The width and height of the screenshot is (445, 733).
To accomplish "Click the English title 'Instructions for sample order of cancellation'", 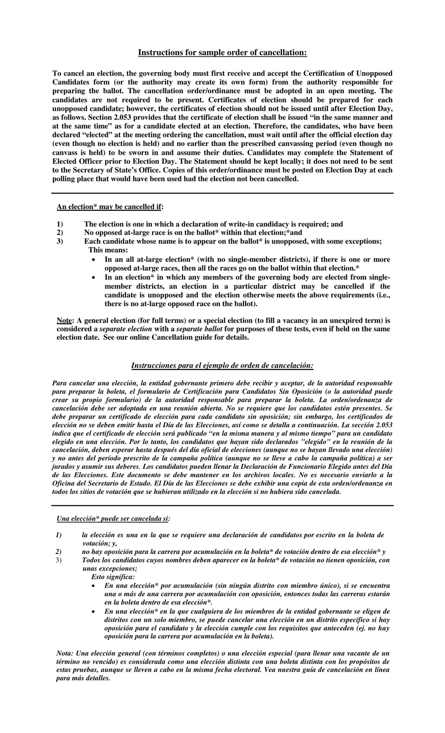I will (x=222, y=52).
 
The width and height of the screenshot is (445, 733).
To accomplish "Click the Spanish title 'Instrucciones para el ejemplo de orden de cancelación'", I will (x=222, y=365).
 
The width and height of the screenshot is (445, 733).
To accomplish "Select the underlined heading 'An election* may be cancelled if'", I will (x=110, y=207).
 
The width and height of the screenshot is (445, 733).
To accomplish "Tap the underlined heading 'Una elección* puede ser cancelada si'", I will (x=113, y=518).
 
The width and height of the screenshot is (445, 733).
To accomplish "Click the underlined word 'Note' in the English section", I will (x=64, y=321).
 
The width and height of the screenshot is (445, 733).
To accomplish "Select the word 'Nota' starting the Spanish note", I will (x=64, y=653).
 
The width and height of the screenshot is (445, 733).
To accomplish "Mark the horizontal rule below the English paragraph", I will (x=222, y=193).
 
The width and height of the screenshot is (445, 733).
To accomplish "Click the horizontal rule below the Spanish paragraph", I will (x=222, y=505).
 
